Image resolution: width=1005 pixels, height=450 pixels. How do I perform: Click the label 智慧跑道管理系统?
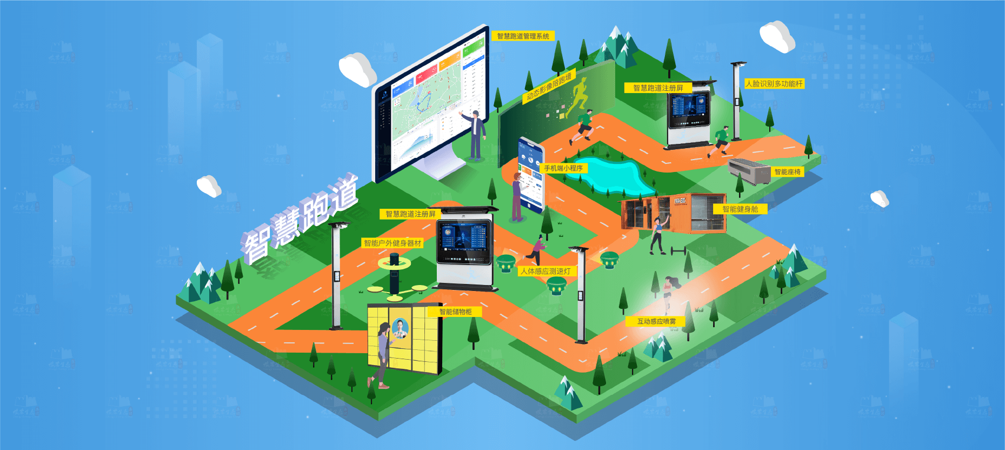pyautogui.click(x=523, y=36)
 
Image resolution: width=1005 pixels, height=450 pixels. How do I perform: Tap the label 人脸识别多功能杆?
pyautogui.click(x=774, y=84)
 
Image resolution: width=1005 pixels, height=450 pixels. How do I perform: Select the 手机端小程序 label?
pyautogui.click(x=563, y=168)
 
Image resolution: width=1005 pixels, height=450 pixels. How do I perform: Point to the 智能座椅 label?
pyautogui.click(x=787, y=172)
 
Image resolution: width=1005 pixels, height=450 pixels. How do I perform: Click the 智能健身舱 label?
pyautogui.click(x=740, y=209)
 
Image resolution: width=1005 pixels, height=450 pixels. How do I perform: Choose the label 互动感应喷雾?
pyautogui.click(x=656, y=321)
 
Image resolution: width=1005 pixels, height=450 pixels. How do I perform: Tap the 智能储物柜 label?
pyautogui.click(x=455, y=312)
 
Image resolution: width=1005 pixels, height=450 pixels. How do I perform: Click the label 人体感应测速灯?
pyautogui.click(x=545, y=271)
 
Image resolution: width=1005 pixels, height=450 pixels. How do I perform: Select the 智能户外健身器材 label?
pyautogui.click(x=392, y=243)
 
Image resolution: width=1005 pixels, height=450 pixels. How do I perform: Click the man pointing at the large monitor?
pyautogui.click(x=476, y=135)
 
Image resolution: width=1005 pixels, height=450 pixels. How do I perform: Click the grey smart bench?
pyautogui.click(x=749, y=170)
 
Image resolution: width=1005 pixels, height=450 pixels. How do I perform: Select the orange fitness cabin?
pyautogui.click(x=674, y=213)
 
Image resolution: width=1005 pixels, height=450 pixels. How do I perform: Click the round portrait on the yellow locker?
pyautogui.click(x=401, y=328)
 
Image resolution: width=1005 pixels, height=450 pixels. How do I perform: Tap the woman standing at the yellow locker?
pyautogui.click(x=382, y=354)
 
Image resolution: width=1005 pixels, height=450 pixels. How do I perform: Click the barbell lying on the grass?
pyautogui.click(x=678, y=251)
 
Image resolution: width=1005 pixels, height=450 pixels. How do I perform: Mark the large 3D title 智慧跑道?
pyautogui.click(x=301, y=220)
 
